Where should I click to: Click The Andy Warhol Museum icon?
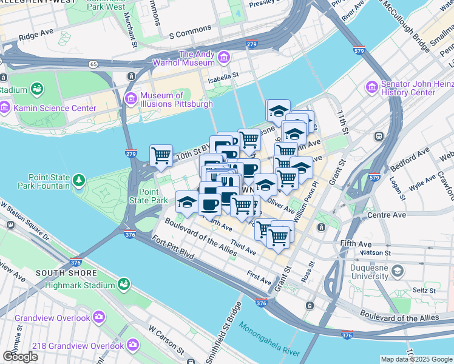pos(224,58)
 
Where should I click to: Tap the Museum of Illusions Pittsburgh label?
pos(176,99)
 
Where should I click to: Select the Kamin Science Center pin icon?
pos(5,108)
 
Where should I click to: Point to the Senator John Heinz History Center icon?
pos(371,88)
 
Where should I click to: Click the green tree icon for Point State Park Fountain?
pos(78,180)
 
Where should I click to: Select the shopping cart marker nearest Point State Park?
pos(161,155)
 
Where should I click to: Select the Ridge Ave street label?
pos(36,36)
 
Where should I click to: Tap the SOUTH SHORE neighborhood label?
pos(58,273)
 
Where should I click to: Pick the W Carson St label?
pos(166,339)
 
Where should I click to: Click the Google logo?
pos(20,357)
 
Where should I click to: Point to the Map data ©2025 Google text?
pos(416,359)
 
